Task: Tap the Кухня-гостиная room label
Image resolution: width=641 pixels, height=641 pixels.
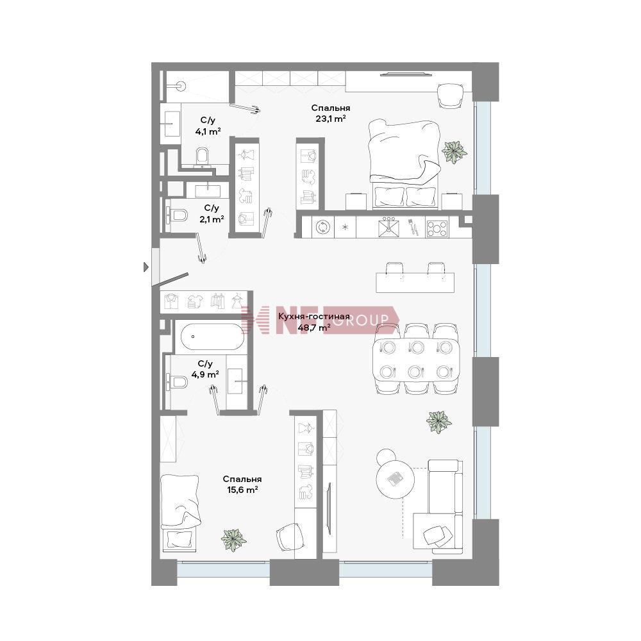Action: point(313,316)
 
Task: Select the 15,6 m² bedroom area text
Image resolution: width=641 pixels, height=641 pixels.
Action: point(242,490)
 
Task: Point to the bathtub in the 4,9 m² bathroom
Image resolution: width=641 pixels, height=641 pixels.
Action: point(210,337)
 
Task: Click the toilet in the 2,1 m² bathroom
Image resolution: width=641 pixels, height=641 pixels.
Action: point(177,215)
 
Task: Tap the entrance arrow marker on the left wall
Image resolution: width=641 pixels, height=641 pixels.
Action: point(146,267)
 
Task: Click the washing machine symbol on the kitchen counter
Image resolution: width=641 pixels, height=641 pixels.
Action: point(323,228)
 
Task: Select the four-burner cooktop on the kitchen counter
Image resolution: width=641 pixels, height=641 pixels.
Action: point(437,229)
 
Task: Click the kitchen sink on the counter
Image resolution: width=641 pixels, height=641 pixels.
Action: point(389,228)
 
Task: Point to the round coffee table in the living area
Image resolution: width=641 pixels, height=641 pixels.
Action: point(395,479)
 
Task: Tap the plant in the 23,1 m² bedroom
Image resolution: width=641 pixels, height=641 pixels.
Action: point(454,152)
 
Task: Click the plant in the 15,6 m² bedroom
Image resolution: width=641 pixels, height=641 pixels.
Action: point(233,540)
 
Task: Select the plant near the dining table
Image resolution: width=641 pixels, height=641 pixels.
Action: point(438,422)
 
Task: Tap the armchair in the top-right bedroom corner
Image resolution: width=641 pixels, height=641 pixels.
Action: point(450,96)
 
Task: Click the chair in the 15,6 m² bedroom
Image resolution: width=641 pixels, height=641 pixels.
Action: point(290,537)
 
